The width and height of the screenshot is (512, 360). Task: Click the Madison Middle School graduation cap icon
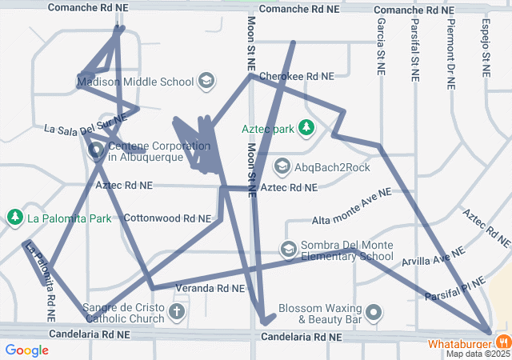(206, 81)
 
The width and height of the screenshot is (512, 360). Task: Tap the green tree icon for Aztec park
(305, 127)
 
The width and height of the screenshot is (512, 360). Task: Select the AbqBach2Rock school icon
(282, 167)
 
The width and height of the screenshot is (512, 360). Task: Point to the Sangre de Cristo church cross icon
(176, 312)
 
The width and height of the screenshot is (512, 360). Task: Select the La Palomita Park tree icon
(14, 218)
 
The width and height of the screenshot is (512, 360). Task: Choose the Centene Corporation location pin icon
(96, 150)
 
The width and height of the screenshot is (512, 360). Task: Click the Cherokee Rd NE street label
(296, 76)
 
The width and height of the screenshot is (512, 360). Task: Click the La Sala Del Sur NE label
(85, 124)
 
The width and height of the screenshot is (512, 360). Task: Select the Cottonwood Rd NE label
(167, 218)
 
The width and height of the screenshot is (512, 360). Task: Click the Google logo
(26, 350)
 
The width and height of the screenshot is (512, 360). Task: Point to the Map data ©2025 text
(477, 354)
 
